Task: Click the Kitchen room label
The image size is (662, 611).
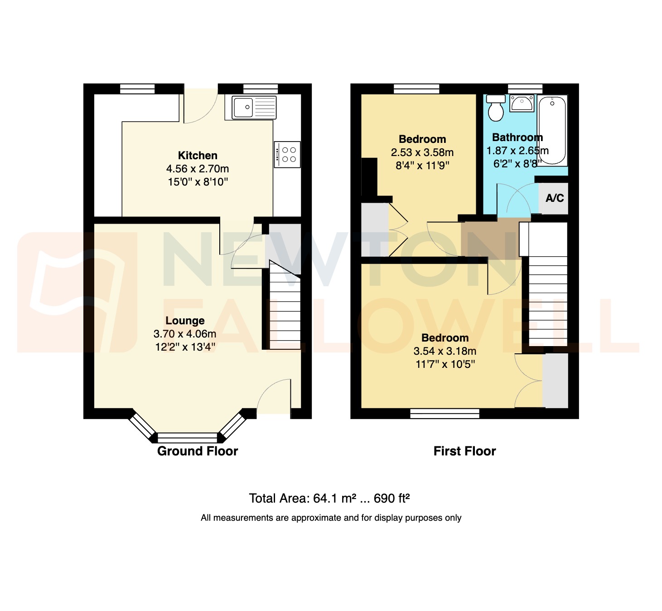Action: [x=198, y=156]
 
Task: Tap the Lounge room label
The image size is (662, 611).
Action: [x=185, y=321]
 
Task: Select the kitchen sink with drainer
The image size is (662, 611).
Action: [x=254, y=108]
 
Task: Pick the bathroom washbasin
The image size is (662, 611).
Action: [x=522, y=103]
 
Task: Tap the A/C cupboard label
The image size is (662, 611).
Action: [x=555, y=198]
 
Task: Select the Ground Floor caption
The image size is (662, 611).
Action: [x=198, y=451]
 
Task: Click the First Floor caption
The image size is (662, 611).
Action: [x=464, y=451]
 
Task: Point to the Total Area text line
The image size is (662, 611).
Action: [x=329, y=499]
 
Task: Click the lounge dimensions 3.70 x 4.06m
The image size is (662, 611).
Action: [x=185, y=334]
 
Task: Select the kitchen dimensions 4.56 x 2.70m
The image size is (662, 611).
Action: [x=198, y=169]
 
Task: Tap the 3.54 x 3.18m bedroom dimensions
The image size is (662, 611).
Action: [x=445, y=351]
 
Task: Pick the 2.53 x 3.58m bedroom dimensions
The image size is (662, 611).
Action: [x=422, y=152]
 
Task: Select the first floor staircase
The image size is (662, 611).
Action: [x=548, y=299]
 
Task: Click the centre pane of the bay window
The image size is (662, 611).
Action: [x=188, y=438]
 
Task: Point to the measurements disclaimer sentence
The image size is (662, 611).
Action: [x=331, y=518]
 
